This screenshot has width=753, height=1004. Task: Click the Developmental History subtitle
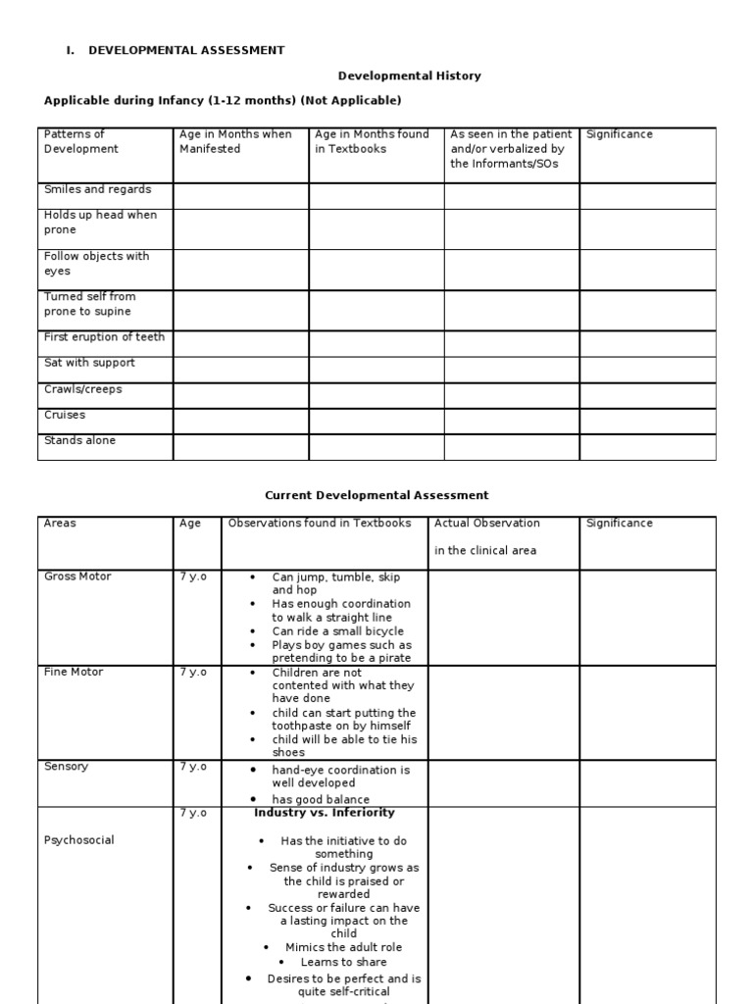click(x=410, y=75)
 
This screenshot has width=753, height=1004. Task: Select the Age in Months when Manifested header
click(x=235, y=141)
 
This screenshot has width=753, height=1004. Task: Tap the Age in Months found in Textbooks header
click(x=372, y=141)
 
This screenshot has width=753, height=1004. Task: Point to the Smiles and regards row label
click(x=98, y=189)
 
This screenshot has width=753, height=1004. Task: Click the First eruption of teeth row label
click(x=104, y=336)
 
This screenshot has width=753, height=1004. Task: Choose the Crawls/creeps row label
click(x=83, y=389)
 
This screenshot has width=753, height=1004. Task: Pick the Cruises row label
click(x=65, y=415)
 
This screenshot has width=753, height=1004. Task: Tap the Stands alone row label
click(x=79, y=440)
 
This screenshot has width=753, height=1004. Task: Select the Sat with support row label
click(x=89, y=363)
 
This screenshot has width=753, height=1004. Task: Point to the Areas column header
click(x=60, y=524)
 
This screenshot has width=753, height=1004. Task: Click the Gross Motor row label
click(x=78, y=576)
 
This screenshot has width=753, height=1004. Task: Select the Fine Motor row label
click(x=74, y=672)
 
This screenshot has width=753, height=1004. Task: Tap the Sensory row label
click(x=66, y=766)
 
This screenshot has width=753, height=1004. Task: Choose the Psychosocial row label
click(x=79, y=840)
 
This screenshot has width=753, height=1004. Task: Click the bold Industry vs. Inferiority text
click(x=325, y=813)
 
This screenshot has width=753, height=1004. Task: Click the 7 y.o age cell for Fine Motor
click(x=193, y=672)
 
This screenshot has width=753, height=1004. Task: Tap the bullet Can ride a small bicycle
click(x=337, y=631)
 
